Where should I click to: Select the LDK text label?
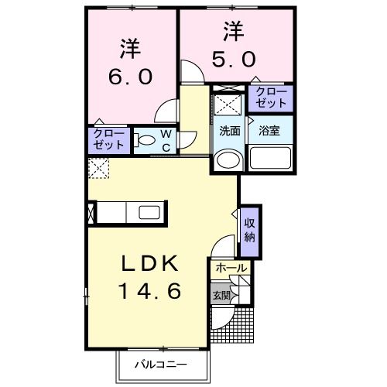(x=150, y=264)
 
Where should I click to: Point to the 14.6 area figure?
(x=150, y=292)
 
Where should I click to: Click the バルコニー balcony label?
(x=163, y=364)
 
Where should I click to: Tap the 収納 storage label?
(x=250, y=230)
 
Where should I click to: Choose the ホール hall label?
(x=231, y=268)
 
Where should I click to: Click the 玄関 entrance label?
(x=221, y=294)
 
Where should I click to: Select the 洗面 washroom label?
(x=228, y=131)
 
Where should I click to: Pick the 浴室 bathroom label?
(x=269, y=131)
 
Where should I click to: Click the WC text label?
(x=166, y=140)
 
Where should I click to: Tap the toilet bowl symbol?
(x=145, y=141)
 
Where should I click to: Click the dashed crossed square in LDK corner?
(x=98, y=167)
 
